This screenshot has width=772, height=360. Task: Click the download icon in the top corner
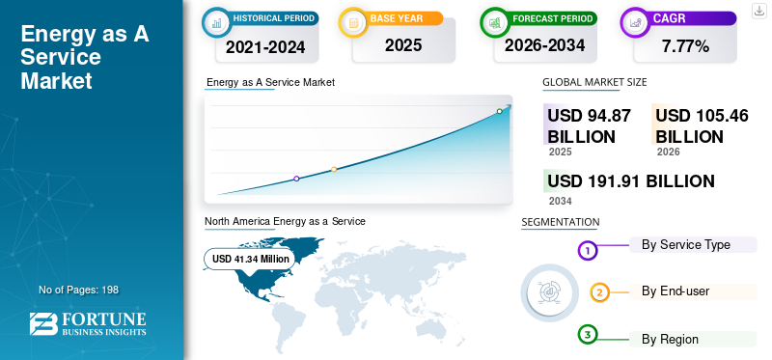coord(758,11)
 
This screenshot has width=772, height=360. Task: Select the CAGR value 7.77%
coord(685,46)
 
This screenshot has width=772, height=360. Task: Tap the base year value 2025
coord(403,45)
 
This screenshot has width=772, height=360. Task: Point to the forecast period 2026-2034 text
coord(544,45)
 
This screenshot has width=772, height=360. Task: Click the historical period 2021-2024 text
coord(265,47)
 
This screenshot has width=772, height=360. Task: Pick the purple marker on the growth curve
coord(296,179)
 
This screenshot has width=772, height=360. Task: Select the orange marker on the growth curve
coord(334,170)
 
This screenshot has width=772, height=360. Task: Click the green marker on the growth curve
coord(499,111)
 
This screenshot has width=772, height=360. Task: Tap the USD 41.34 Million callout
coord(250,259)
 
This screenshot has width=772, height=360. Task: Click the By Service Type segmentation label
coord(685,245)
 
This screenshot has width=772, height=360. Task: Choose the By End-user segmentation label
coord(675,291)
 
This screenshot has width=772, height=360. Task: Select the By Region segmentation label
coord(670,340)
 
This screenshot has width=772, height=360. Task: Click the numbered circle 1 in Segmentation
coord(587,251)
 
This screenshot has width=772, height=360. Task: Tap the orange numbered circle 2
coord(599,292)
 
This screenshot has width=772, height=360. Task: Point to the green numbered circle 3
coord(587,335)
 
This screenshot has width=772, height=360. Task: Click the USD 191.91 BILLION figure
coord(631,181)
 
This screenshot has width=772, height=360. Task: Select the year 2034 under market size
coord(561,201)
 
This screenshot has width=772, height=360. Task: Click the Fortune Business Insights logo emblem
coord(43,323)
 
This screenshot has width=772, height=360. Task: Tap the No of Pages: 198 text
coord(79,290)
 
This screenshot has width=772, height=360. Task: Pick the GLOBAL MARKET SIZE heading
coord(594,82)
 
